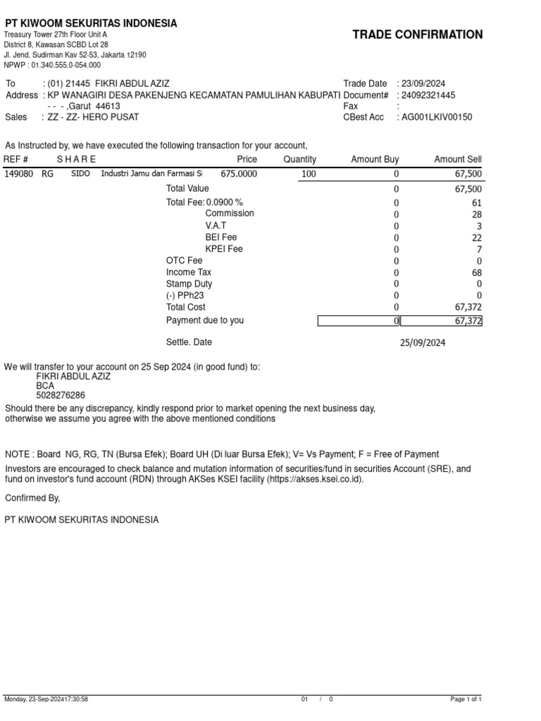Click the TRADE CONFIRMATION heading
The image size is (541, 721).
pos(417,35)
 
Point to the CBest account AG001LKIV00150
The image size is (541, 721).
pos(437,117)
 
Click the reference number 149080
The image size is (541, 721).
pos(18,173)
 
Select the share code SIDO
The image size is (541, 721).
pos(80,173)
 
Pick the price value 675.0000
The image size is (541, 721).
pos(239,174)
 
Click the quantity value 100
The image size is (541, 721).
pos(309,174)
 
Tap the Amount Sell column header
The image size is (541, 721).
pos(458,160)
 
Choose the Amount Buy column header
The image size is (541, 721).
pos(375,160)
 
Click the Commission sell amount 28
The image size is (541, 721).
pos(477,214)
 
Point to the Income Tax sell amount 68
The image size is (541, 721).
pos(477,272)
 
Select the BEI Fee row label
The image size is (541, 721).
pos(221,237)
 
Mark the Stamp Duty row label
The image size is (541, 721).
pos(189,284)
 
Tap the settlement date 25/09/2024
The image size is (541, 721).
pos(423,343)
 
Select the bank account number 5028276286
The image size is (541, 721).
pos(61,396)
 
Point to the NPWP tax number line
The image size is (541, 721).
pos(52,65)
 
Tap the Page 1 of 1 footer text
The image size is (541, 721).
pos(465,699)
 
